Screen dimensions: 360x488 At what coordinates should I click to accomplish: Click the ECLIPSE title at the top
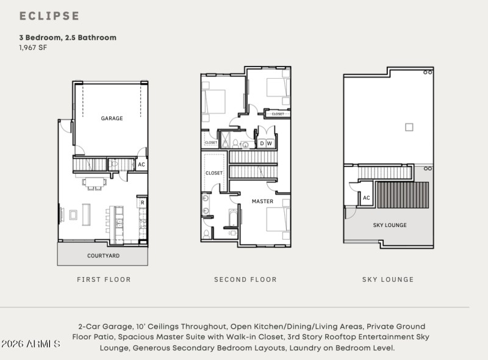(x=49, y=16)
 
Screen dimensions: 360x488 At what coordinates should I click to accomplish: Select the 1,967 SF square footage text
(x=33, y=48)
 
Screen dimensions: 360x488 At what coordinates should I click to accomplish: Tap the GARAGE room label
(x=112, y=118)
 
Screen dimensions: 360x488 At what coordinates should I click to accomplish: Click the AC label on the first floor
(x=141, y=164)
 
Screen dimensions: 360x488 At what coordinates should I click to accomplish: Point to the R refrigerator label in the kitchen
(x=142, y=203)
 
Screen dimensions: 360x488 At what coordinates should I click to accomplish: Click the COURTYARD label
(x=103, y=256)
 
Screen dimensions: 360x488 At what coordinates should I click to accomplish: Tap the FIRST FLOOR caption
(x=104, y=279)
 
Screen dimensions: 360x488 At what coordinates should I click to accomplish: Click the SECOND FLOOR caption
(x=245, y=279)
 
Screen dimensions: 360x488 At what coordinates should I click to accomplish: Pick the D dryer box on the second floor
(x=262, y=143)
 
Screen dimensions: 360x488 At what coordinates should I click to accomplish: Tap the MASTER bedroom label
(x=262, y=201)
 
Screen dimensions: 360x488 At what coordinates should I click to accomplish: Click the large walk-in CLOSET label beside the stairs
(x=214, y=173)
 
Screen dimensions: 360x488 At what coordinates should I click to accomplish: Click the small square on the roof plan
(x=409, y=127)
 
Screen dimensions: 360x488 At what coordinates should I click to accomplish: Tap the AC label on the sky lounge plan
(x=366, y=198)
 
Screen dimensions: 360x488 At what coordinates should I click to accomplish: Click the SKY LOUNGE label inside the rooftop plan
(x=390, y=225)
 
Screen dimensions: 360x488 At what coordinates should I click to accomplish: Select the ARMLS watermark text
(x=30, y=344)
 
